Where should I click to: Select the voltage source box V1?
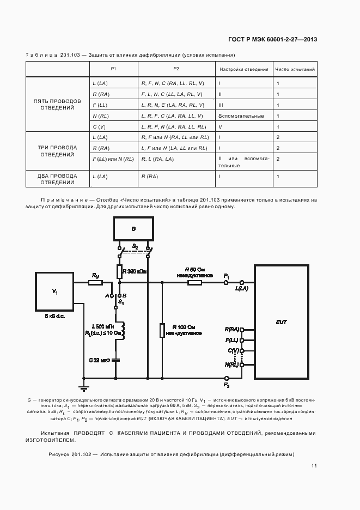click(x=54, y=292)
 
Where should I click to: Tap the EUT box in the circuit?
click(x=281, y=321)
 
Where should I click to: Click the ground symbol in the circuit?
click(x=83, y=387)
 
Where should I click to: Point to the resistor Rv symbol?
click(x=95, y=282)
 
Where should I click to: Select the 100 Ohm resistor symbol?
click(x=162, y=330)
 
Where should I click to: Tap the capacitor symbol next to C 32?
click(x=116, y=360)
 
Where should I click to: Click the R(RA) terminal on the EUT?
click(x=242, y=330)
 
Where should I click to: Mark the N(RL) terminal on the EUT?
click(x=242, y=365)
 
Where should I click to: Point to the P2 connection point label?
click(x=227, y=385)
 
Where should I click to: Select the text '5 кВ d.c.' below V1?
click(x=54, y=316)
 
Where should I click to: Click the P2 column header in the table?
click(x=176, y=69)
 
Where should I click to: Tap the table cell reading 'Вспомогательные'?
click(x=241, y=116)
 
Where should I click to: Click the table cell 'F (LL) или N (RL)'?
click(x=113, y=159)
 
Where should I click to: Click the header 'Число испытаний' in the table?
click(x=295, y=69)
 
